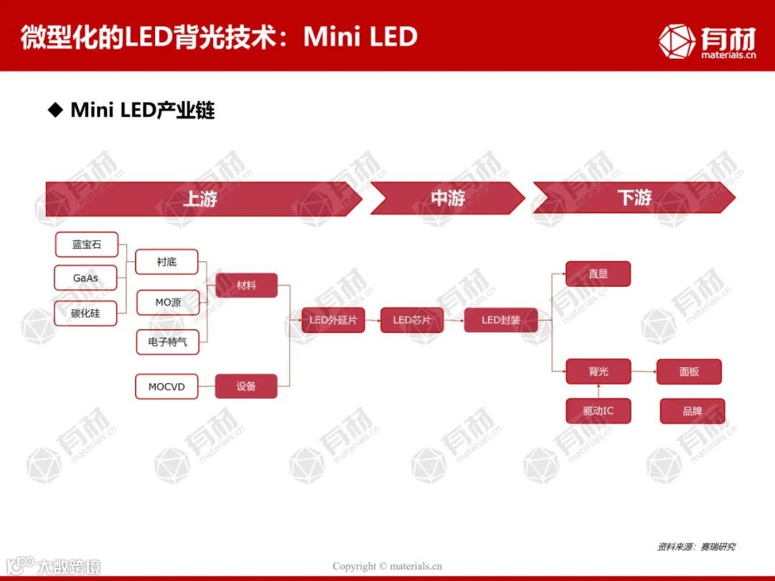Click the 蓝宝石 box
86,245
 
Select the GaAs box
86,278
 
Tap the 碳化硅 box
86,313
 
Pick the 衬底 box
166,263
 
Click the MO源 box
168,303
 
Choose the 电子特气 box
168,342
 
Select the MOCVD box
166,387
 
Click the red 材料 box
246,285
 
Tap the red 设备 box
246,386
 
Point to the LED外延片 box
333,320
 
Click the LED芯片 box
412,320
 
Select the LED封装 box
501,320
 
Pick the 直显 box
598,274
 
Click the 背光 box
598,372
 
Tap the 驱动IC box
598,411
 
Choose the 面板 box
689,372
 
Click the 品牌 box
692,411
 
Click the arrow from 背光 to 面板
644,372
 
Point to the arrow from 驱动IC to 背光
598,392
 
